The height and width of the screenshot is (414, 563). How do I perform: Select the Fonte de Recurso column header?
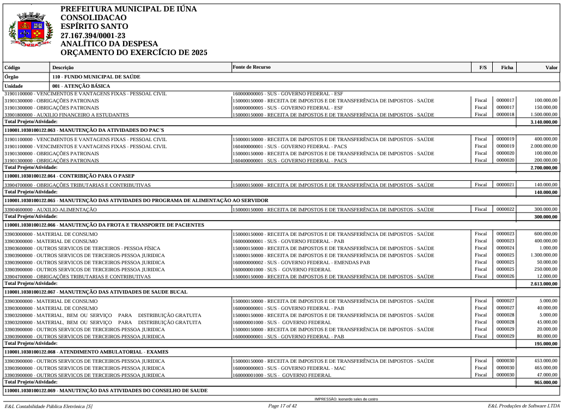(251, 67)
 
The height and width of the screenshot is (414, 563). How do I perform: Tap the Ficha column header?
(507, 68)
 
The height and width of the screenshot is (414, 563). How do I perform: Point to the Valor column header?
(552, 68)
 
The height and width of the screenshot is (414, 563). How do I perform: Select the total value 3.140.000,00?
(544, 122)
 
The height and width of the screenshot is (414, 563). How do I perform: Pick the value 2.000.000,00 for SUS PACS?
(544, 147)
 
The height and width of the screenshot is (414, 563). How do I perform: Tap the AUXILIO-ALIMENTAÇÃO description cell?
(51, 210)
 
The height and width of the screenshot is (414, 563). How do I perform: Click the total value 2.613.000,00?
(544, 284)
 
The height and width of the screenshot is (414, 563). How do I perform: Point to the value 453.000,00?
(546, 361)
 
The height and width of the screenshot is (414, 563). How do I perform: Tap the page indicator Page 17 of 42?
(282, 406)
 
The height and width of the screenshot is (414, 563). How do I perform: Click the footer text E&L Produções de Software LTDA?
(523, 406)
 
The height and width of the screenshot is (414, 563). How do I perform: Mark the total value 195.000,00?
(546, 344)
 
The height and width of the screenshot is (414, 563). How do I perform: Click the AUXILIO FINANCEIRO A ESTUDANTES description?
(66, 115)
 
